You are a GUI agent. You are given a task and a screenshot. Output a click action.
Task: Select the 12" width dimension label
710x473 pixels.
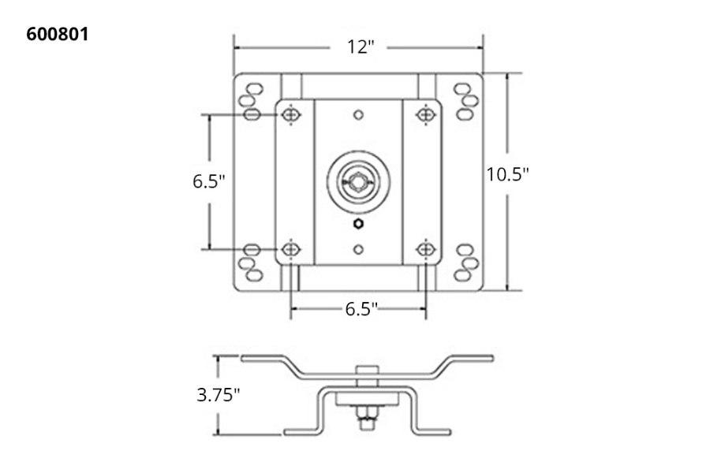[358, 47]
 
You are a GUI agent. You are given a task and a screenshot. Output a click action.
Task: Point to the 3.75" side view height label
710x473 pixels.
[218, 395]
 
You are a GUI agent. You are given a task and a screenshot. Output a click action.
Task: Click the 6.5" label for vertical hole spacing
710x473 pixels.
[209, 181]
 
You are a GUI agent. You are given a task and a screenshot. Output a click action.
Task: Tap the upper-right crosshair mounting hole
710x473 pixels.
[426, 115]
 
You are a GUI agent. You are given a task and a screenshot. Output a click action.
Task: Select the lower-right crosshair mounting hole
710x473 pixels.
[426, 250]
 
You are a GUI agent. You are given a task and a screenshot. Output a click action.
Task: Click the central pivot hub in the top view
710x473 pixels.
[359, 181]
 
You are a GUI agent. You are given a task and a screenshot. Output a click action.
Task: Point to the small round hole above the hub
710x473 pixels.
[359, 116]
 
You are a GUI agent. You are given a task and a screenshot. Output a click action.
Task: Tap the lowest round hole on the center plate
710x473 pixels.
[359, 249]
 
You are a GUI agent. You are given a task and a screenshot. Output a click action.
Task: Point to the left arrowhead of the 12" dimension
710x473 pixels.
[237, 47]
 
